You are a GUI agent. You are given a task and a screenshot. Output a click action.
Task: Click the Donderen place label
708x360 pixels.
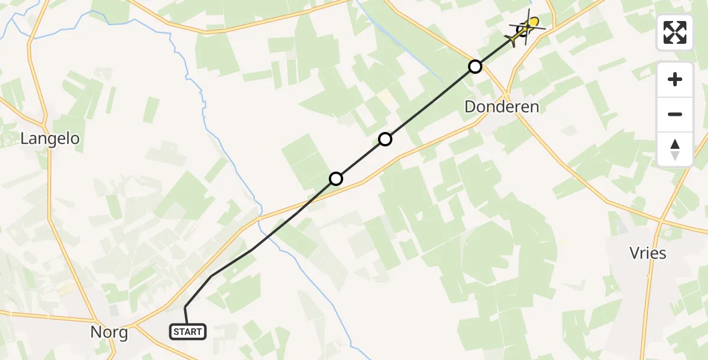(502, 107)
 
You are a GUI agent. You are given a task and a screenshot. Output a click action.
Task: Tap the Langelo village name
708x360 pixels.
(50, 139)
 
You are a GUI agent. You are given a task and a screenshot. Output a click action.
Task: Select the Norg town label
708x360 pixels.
(109, 332)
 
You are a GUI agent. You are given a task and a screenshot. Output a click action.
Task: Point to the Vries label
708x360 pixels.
(648, 253)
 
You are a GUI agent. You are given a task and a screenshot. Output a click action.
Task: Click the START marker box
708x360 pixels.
(188, 331)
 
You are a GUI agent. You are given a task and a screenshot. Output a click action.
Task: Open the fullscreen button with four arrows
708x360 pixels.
(675, 32)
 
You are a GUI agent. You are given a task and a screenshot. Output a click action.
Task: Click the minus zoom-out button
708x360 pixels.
(675, 114)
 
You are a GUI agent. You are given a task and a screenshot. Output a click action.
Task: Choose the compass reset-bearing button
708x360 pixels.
(675, 149)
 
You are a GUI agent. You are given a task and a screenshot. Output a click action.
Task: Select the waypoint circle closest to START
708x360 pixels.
(336, 179)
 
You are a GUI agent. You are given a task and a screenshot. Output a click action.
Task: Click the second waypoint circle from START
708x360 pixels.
(385, 139)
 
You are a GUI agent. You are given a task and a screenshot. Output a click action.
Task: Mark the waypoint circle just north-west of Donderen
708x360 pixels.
(475, 67)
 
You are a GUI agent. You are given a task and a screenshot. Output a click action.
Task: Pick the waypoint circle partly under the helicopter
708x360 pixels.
(522, 30)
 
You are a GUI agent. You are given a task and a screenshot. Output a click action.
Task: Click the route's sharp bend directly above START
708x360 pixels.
(185, 307)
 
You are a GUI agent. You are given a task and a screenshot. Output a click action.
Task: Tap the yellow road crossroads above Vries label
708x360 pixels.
(661, 221)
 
